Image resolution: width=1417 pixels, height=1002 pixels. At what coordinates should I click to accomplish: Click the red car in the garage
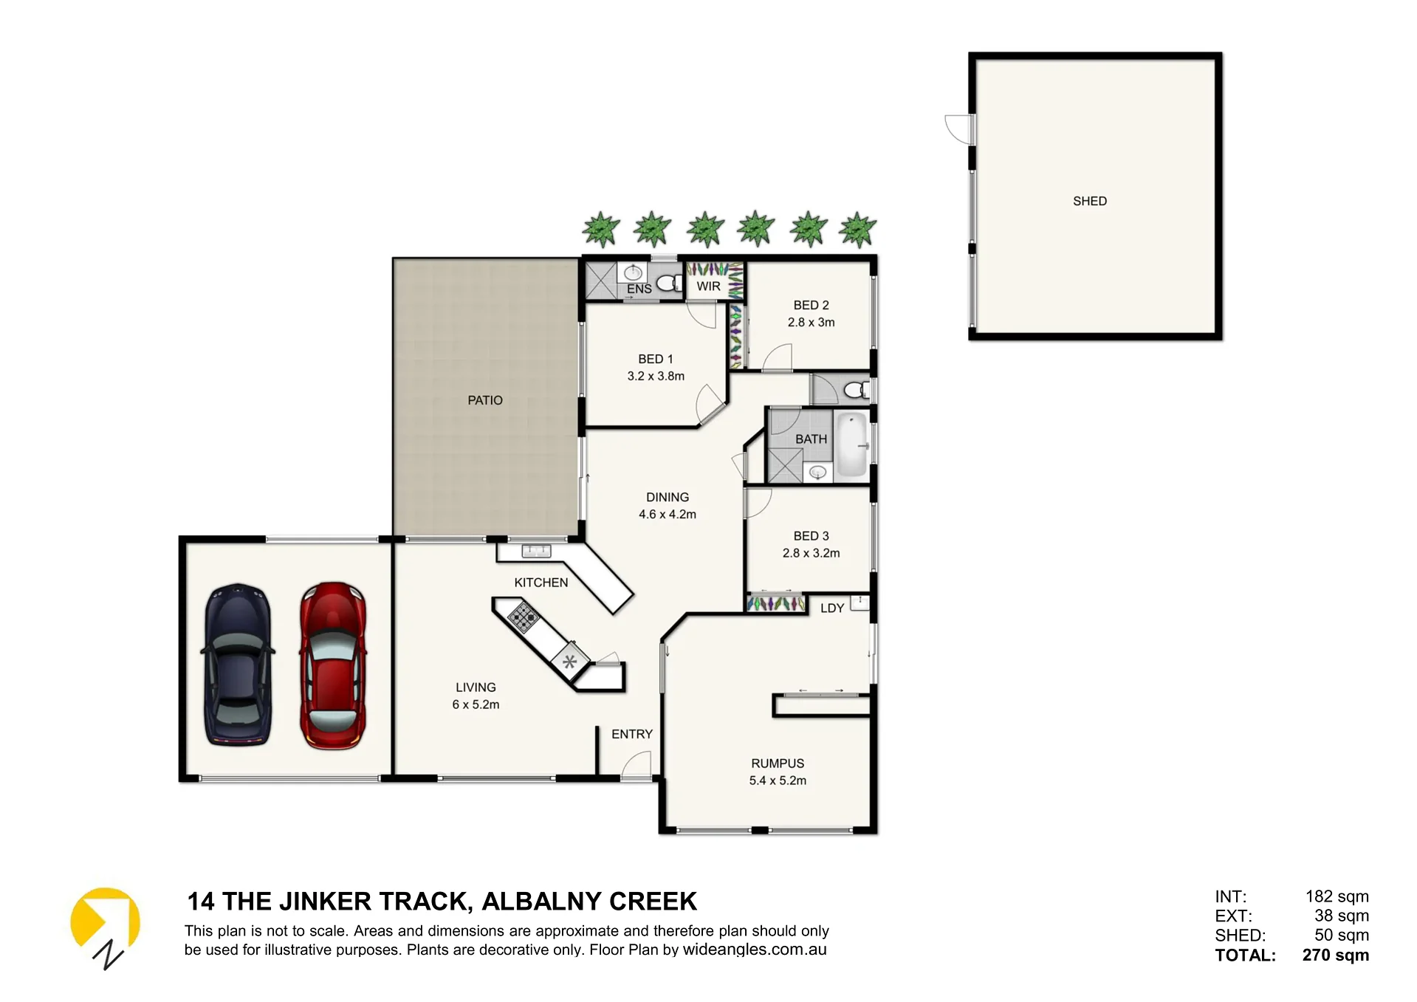pyautogui.click(x=333, y=665)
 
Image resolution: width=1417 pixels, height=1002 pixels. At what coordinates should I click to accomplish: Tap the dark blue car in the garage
pyautogui.click(x=238, y=665)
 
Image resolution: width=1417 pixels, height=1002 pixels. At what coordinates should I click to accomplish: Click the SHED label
pyautogui.click(x=1090, y=201)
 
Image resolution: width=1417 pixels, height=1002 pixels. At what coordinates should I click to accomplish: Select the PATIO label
pyautogui.click(x=485, y=400)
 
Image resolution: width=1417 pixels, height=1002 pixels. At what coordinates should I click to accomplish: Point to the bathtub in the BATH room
pyautogui.click(x=851, y=445)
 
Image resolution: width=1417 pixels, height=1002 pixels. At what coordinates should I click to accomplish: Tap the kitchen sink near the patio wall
pyautogui.click(x=537, y=550)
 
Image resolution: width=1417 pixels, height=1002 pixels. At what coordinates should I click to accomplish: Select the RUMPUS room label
pyautogui.click(x=778, y=763)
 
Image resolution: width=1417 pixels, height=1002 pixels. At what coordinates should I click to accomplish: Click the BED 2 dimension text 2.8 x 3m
pyautogui.click(x=811, y=322)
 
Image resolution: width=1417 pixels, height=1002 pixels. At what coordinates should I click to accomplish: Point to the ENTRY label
pyautogui.click(x=632, y=734)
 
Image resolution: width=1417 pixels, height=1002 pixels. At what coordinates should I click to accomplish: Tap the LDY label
pyautogui.click(x=832, y=608)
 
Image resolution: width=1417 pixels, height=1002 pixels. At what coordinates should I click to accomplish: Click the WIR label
pyautogui.click(x=708, y=286)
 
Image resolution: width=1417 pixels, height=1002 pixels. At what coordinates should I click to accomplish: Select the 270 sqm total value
pyautogui.click(x=1335, y=955)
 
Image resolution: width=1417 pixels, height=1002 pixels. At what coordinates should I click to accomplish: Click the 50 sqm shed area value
pyautogui.click(x=1342, y=935)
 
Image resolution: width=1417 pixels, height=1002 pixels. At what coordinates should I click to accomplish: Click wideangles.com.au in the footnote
pyautogui.click(x=755, y=950)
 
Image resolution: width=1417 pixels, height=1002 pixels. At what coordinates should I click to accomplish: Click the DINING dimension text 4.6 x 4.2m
pyautogui.click(x=668, y=514)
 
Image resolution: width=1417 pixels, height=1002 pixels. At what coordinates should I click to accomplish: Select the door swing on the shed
pyautogui.click(x=959, y=129)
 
